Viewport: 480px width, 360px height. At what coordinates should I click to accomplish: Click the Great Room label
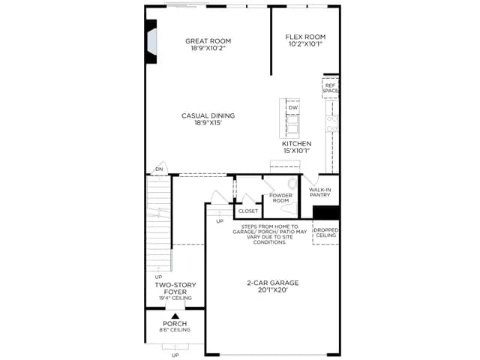point(208,41)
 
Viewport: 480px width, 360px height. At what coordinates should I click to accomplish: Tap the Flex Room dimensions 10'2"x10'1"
point(305,44)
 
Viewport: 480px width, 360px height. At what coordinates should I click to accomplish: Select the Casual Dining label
point(208,115)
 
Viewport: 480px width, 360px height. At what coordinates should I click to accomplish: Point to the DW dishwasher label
point(293,108)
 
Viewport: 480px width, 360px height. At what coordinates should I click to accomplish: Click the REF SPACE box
point(330,88)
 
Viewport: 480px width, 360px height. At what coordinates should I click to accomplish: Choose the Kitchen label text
point(297,143)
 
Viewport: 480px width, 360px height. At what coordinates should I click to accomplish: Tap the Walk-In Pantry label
point(320,192)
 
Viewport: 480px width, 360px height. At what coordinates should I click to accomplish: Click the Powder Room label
point(280,198)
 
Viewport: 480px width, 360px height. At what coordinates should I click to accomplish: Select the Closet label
point(248,211)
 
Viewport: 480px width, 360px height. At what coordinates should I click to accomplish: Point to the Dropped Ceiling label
point(326,232)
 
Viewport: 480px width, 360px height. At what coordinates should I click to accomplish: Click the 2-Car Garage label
point(273,283)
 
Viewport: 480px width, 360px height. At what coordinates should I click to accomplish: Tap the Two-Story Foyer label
point(175,288)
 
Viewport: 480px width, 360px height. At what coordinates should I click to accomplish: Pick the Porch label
point(175,323)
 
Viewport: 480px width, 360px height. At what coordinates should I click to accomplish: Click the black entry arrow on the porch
point(175,316)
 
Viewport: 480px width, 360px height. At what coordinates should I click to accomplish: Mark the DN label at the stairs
point(159,169)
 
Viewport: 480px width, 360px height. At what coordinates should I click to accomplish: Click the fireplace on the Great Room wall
point(151,42)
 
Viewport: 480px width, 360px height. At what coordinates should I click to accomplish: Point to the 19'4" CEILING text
point(175,298)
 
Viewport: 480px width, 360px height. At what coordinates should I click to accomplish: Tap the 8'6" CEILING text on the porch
point(175,330)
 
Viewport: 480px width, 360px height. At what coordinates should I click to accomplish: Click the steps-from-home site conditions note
point(270,234)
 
